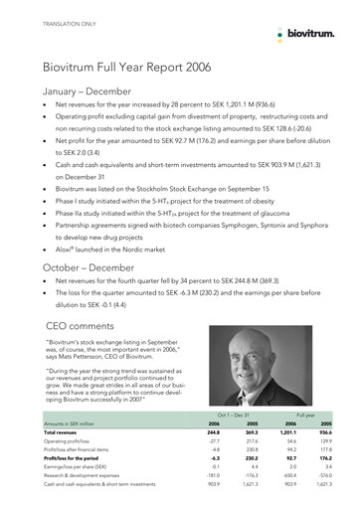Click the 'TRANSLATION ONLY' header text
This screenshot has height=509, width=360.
click(59, 21)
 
